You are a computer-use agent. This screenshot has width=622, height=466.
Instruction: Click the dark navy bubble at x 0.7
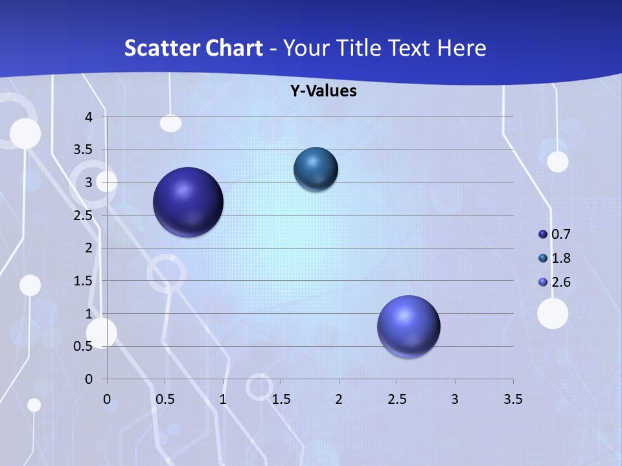coord(189,202)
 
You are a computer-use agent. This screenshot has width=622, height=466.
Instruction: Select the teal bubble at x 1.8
coord(316,169)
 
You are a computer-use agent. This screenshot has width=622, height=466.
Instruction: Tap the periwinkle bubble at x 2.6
coord(409,326)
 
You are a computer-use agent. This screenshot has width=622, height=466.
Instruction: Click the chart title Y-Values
coord(323,91)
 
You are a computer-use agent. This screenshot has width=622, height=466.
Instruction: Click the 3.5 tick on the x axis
coord(513,399)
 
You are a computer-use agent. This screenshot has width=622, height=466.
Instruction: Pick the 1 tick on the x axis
coord(223,399)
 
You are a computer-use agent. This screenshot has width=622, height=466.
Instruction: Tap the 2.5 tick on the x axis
coord(397,399)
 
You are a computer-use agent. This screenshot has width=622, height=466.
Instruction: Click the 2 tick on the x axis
coord(339,399)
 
